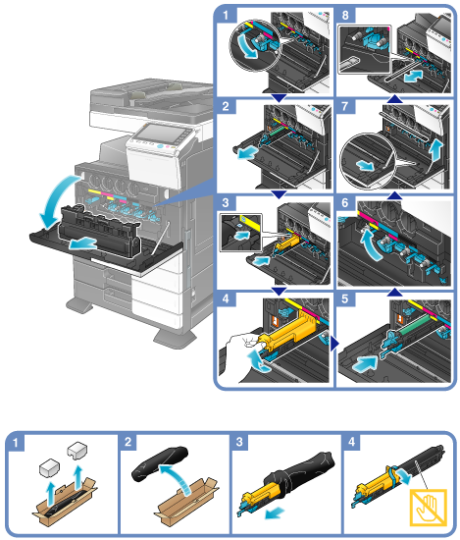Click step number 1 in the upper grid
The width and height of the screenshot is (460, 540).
click(226, 16)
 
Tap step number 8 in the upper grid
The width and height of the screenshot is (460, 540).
click(345, 16)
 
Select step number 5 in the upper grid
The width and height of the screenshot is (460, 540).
click(345, 298)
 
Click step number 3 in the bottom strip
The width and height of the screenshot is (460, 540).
click(239, 442)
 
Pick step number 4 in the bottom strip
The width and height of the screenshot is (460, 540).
click(352, 442)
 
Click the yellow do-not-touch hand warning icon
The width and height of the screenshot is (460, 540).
click(428, 508)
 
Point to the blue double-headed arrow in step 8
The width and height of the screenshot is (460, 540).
click(413, 75)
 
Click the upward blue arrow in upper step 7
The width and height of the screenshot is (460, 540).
click(435, 149)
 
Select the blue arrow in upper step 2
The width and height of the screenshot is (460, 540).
click(247, 152)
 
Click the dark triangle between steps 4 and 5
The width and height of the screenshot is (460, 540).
click(334, 343)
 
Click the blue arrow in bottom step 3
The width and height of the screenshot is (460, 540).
click(275, 513)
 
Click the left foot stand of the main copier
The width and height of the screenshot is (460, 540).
click(79, 304)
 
